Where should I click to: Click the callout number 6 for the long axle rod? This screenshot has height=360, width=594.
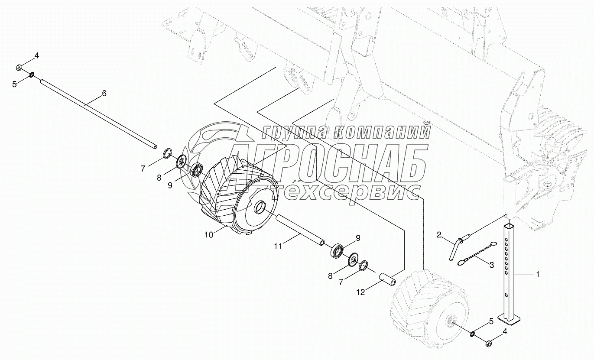point(104,93)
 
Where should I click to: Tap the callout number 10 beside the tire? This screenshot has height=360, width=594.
point(209,235)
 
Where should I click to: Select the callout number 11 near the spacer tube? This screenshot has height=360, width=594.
point(278,246)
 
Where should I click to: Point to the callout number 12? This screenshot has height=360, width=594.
point(360,292)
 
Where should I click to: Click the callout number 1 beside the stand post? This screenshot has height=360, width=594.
point(538,275)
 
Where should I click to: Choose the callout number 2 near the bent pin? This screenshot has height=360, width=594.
point(439,235)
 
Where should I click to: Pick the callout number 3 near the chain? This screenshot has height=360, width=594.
point(492,265)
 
